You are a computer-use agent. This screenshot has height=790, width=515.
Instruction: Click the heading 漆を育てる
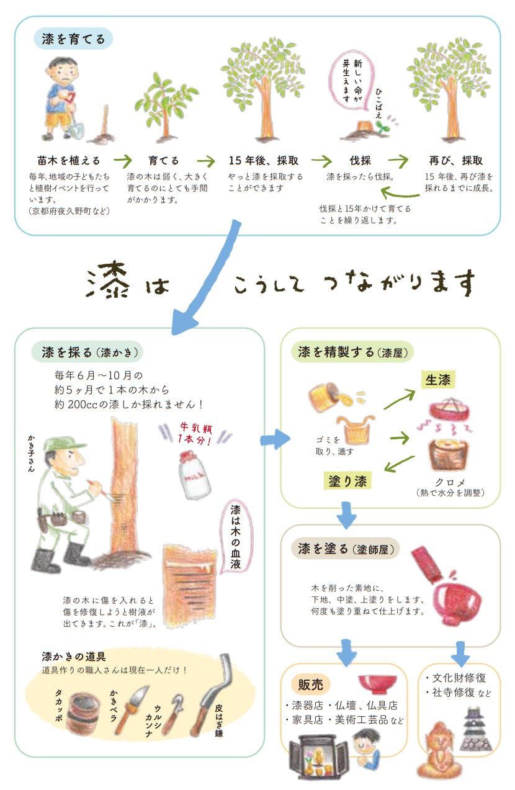73,39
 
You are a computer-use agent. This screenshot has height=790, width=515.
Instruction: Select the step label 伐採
360,161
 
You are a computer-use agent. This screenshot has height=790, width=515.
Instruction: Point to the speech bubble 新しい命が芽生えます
352,82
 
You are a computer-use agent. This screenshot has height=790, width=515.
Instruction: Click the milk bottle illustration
194,475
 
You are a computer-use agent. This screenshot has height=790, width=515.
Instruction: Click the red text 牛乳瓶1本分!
196,433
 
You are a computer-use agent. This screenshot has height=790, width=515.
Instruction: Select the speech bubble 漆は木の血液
236,539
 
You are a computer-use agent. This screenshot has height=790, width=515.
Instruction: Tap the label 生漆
438,380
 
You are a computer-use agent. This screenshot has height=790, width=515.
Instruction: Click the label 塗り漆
347,481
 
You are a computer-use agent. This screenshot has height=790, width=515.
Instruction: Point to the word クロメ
450,482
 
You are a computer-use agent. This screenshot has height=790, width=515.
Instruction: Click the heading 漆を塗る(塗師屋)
346,549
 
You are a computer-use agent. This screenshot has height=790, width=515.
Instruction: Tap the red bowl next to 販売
377,683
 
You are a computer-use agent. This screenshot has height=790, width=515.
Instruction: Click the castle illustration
476,729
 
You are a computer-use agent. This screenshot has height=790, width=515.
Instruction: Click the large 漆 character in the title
107,281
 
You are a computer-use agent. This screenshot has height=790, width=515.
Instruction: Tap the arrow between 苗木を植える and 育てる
122,161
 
